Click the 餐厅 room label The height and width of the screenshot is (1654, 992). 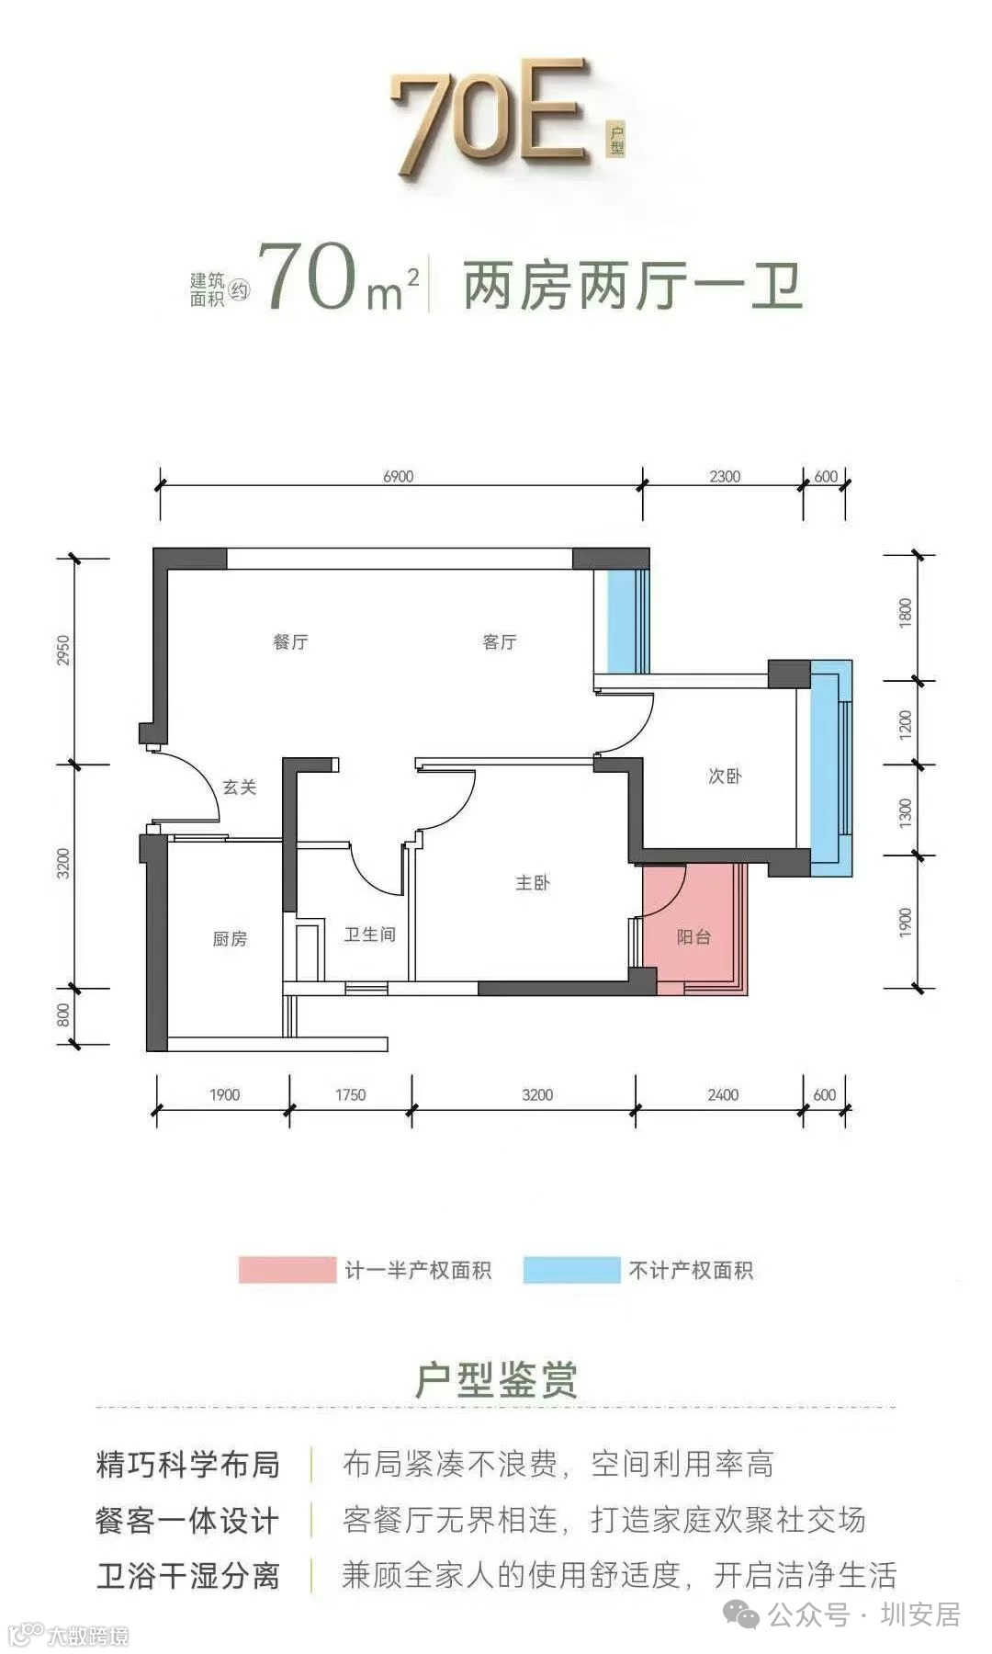coord(290,641)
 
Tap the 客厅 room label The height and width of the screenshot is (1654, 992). coord(500,641)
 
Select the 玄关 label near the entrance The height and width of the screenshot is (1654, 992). coord(240,787)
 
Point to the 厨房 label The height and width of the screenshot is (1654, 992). coord(230,938)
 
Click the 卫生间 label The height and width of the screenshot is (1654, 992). coord(369,935)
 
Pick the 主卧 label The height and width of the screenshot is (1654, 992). coord(533,883)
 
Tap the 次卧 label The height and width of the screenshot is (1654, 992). coord(725,776)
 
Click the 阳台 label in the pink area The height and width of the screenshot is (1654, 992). coord(693,937)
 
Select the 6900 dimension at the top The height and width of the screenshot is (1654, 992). coord(398,476)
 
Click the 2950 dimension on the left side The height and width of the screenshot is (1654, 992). coord(62,651)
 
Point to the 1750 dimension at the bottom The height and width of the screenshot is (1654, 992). coord(350,1094)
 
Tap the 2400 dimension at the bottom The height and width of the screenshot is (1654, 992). coord(723,1094)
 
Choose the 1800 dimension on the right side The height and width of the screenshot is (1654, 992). coord(906,613)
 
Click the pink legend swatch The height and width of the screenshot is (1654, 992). coord(287,1270)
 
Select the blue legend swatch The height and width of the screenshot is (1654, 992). coord(571,1270)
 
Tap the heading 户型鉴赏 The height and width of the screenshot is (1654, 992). coord(496,1379)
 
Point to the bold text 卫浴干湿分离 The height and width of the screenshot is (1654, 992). coord(188,1576)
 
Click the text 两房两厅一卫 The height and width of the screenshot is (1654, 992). coord(633,286)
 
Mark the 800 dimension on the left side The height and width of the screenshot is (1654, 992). coord(62,1015)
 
